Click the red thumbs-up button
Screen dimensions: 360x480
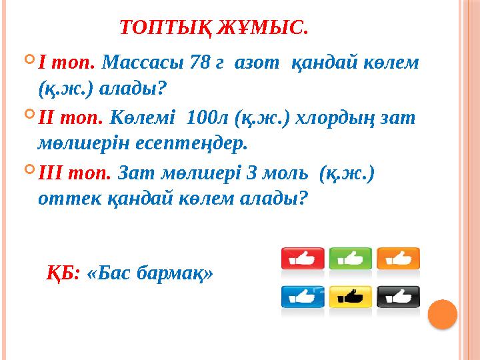pyautogui.click(x=303, y=258)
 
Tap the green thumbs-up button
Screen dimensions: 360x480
pyautogui.click(x=351, y=258)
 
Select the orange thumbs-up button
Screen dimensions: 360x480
pyautogui.click(x=398, y=258)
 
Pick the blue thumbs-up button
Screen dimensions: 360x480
pyautogui.click(x=303, y=296)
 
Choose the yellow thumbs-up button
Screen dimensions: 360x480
pyautogui.click(x=351, y=296)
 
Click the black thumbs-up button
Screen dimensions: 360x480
pyautogui.click(x=398, y=296)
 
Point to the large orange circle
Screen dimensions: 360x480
pyautogui.click(x=441, y=314)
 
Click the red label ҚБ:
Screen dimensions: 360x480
pyautogui.click(x=64, y=273)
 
